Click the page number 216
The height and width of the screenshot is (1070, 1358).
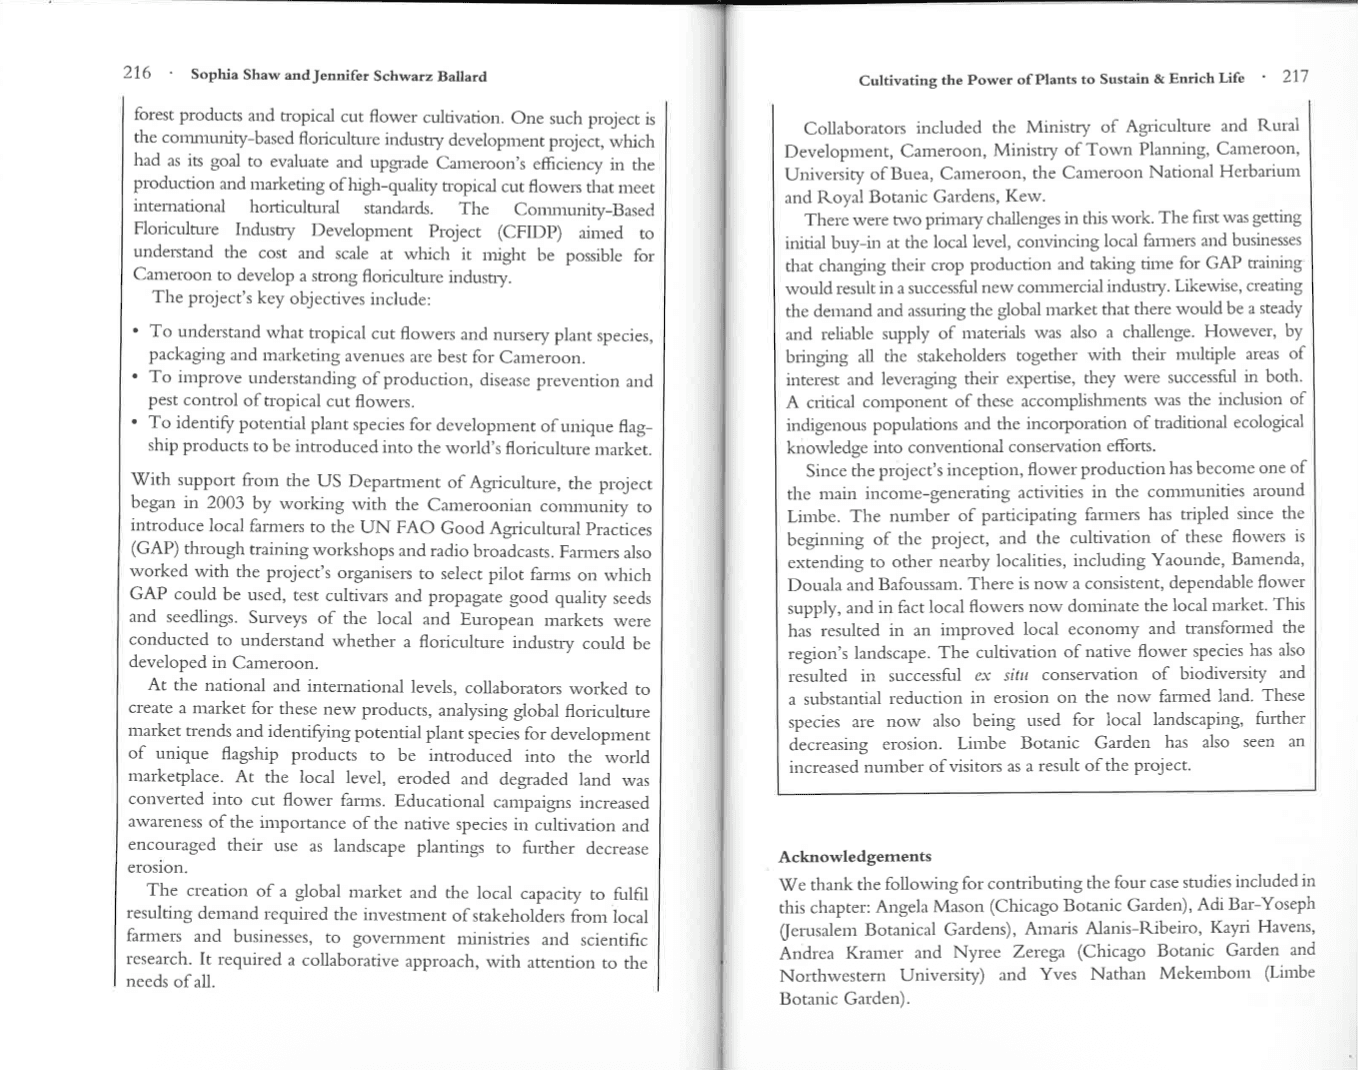click(137, 73)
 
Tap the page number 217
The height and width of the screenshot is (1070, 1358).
click(1295, 76)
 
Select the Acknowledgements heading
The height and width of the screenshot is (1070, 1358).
click(854, 856)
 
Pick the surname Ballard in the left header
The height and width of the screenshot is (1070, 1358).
click(461, 76)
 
